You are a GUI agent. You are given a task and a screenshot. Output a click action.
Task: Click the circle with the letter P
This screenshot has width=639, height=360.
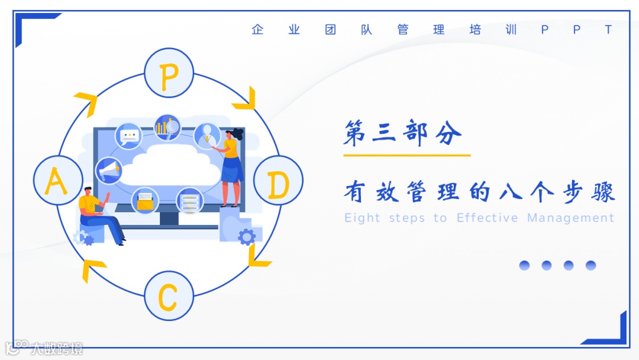click(x=169, y=73)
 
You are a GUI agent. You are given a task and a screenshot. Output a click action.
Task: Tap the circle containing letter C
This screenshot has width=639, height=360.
click(x=169, y=295)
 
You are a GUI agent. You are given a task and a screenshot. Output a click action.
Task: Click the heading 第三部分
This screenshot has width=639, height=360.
click(x=402, y=134)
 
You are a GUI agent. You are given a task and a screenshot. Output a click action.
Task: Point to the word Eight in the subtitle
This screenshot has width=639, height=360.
click(x=362, y=218)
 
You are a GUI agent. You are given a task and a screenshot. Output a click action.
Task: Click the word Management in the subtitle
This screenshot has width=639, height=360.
click(x=570, y=218)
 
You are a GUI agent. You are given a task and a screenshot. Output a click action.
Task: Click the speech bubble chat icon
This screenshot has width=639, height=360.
click(x=128, y=136)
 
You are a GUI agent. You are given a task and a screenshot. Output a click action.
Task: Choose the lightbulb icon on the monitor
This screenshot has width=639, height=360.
click(x=206, y=134)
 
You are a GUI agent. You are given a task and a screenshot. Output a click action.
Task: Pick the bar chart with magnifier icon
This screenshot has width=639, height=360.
click(x=167, y=126)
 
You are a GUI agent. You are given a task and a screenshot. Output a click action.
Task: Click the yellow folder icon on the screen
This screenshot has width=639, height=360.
click(x=144, y=201)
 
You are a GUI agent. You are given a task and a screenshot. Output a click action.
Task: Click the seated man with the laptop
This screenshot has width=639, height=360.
click(x=98, y=214)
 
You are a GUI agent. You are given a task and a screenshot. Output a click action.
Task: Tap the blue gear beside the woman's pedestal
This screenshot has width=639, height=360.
click(x=247, y=237)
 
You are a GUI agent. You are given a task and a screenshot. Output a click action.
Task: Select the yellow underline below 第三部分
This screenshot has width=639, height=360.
click(x=406, y=155)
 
